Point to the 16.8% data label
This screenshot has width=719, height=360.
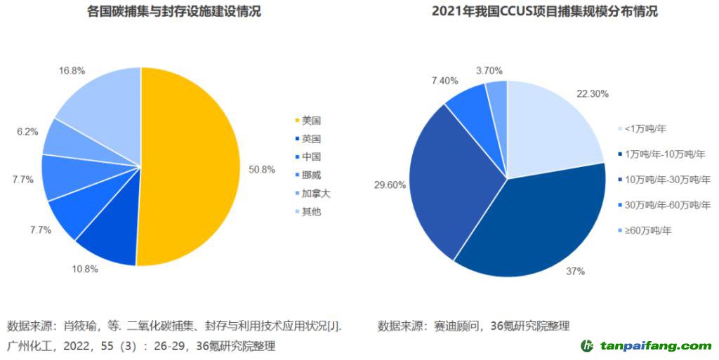point(73,70)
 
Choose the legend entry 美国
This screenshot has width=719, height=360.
point(310,121)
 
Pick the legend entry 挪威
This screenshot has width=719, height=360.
point(310,175)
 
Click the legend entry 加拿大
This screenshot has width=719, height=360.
point(315,193)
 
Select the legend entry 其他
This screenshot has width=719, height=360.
point(310,211)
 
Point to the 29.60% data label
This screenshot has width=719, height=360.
point(389,185)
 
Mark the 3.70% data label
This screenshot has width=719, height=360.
point(489,70)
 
